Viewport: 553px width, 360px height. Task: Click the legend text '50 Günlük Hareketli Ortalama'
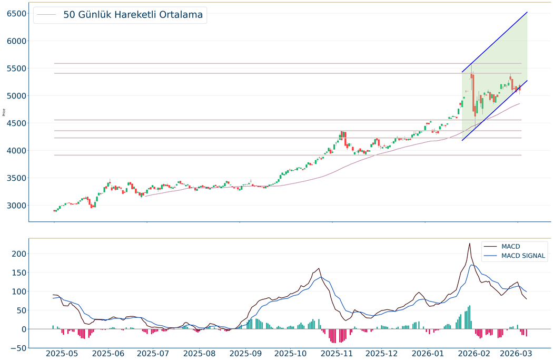click(x=133, y=15)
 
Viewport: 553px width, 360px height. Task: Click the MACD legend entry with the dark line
click(x=510, y=246)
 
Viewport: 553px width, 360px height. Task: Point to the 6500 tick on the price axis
click(x=17, y=14)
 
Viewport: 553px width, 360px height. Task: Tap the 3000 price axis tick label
click(x=17, y=206)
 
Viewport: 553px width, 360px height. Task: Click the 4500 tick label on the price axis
click(x=17, y=123)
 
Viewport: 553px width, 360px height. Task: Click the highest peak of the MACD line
click(x=469, y=243)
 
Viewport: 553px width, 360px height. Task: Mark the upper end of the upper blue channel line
click(x=527, y=12)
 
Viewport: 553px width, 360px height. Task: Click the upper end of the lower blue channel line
click(x=527, y=81)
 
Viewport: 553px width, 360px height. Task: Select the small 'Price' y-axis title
click(x=4, y=112)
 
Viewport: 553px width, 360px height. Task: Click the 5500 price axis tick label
click(x=17, y=69)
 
